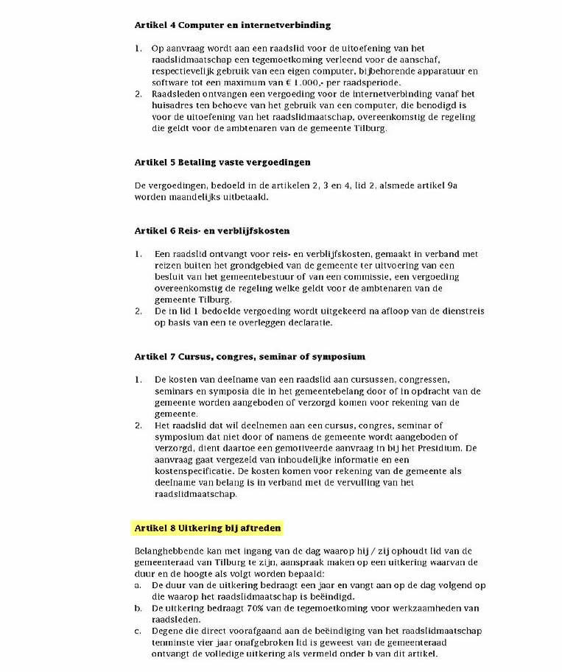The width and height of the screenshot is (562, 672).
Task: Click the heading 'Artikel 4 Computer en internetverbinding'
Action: point(232,25)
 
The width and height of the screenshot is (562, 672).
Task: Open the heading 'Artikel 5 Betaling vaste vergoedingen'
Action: point(222,162)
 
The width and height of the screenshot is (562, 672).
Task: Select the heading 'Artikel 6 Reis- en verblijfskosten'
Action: point(212,230)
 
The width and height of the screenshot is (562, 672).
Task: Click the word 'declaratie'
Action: point(307,322)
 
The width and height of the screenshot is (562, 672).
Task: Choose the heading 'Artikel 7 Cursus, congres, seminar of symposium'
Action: point(250,356)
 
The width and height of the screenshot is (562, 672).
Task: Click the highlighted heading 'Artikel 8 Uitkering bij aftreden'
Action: point(208,528)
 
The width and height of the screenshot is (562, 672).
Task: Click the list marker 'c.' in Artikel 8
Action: point(138,631)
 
